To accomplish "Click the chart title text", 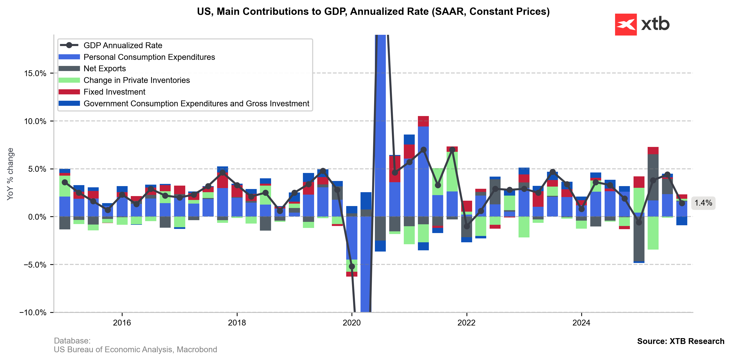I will click(x=373, y=12).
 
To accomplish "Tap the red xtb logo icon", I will click(x=626, y=24).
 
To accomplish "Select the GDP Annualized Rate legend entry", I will click(x=123, y=45).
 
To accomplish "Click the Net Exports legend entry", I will click(x=104, y=69).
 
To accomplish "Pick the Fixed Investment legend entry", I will click(x=114, y=92).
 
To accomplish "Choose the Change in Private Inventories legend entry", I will click(x=136, y=80).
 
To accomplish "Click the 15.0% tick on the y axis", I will click(x=35, y=73).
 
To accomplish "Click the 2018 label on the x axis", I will click(x=237, y=323).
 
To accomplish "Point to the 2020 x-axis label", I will click(x=352, y=323).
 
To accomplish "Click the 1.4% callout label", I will click(x=703, y=203).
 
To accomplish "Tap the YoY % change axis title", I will click(x=10, y=174).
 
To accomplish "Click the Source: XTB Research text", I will click(x=680, y=341).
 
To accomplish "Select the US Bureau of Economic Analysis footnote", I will click(x=135, y=349).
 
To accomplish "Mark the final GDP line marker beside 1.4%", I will click(x=682, y=203).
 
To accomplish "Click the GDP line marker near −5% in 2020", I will click(x=352, y=266).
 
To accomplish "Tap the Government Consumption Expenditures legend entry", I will click(x=196, y=103).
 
